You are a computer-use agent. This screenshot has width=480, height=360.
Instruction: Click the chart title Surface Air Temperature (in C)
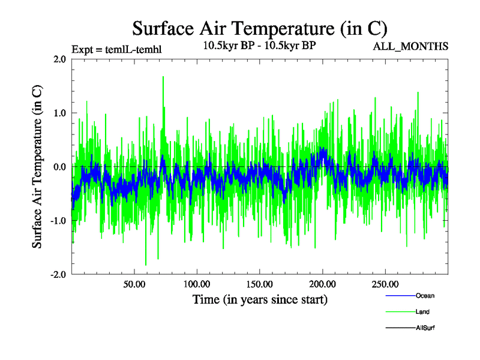point(259,28)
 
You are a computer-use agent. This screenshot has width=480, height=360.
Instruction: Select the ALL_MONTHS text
point(411,47)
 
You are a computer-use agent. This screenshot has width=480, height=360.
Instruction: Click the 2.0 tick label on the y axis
point(59,59)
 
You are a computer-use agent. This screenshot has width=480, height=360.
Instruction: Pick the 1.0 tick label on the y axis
point(59,113)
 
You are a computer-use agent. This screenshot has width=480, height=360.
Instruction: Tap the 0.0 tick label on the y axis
point(59,167)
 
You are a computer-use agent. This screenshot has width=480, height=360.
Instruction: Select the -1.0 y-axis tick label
point(58,221)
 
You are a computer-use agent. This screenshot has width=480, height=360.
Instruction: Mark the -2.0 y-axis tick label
point(58,274)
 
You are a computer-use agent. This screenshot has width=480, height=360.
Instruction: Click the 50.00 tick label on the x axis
point(134,284)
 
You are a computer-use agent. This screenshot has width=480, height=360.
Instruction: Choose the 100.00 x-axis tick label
point(196,284)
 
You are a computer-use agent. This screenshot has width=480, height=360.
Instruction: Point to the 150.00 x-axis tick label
point(259,284)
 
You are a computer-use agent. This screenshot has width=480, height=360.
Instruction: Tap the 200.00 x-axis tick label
point(322,284)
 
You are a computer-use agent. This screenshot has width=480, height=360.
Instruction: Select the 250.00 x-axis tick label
point(385,284)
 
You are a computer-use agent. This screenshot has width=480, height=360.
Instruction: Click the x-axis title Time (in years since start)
point(260,299)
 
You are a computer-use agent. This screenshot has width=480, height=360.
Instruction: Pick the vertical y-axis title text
point(37,167)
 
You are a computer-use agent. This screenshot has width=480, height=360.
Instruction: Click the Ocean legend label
point(425,296)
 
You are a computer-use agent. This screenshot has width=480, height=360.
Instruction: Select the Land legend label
point(422,312)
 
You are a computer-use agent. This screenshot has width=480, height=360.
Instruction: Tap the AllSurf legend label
point(425,328)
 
